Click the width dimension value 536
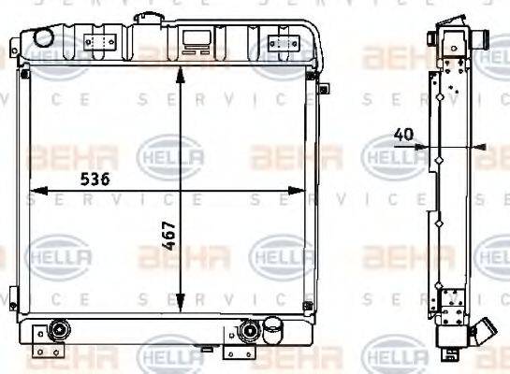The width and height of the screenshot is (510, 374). [94, 180]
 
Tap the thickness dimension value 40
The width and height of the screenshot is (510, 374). [402, 135]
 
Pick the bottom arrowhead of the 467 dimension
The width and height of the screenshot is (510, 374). [180, 307]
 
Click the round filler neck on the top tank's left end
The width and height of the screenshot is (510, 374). [43, 35]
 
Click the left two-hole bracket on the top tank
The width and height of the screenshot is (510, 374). [98, 41]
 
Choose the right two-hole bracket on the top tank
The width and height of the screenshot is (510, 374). [279, 41]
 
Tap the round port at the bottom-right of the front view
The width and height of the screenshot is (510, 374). [250, 330]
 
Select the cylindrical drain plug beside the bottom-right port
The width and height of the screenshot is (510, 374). [274, 330]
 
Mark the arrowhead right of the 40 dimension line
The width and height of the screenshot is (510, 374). [479, 147]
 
